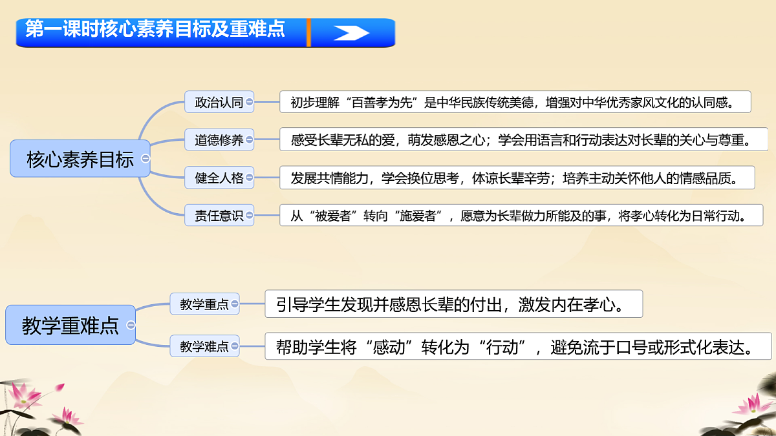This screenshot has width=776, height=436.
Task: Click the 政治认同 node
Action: tap(219, 102)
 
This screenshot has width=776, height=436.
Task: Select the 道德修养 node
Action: tap(219, 140)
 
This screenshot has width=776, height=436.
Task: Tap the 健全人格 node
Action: tap(219, 178)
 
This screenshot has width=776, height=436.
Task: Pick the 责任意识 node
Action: tap(219, 216)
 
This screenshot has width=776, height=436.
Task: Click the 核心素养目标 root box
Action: tap(80, 159)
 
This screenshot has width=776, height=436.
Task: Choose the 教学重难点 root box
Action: tap(70, 325)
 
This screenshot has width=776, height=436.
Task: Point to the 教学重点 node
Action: tap(204, 304)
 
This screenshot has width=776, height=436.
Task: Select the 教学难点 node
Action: tap(204, 346)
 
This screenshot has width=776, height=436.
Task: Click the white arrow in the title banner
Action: tap(352, 33)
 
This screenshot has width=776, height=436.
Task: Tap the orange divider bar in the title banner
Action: tap(309, 32)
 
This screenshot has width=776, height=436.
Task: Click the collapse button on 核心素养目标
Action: tap(145, 158)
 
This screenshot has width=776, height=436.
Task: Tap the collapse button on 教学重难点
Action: tap(131, 325)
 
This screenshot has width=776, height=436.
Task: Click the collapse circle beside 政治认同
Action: tap(250, 101)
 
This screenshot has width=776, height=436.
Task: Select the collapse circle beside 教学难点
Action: tap(235, 346)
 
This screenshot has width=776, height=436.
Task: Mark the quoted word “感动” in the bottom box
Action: tap(389, 347)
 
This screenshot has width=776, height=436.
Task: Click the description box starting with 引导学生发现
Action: tap(453, 304)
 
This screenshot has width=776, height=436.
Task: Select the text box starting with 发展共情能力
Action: tap(517, 178)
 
